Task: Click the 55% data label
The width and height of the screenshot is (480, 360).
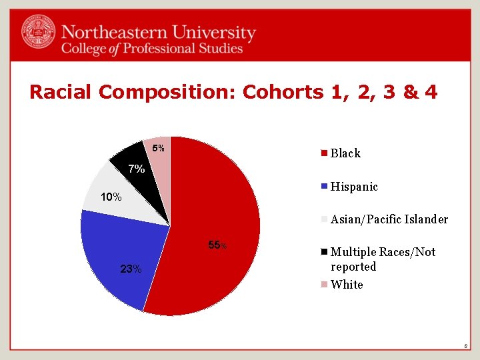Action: click(217, 246)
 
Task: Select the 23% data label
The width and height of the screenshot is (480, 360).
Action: click(131, 269)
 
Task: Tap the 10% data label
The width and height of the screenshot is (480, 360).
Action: click(111, 197)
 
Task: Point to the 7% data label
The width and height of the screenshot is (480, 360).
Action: click(137, 169)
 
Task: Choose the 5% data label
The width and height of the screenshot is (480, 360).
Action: click(158, 147)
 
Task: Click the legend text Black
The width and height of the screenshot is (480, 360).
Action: click(345, 153)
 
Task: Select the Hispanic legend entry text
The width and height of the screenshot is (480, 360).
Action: click(354, 187)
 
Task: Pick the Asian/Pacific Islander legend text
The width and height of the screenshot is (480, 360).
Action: click(389, 219)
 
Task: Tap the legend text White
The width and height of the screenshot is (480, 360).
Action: click(347, 285)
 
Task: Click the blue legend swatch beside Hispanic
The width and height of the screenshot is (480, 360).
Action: click(324, 187)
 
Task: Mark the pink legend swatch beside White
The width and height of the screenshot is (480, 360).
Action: click(324, 285)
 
